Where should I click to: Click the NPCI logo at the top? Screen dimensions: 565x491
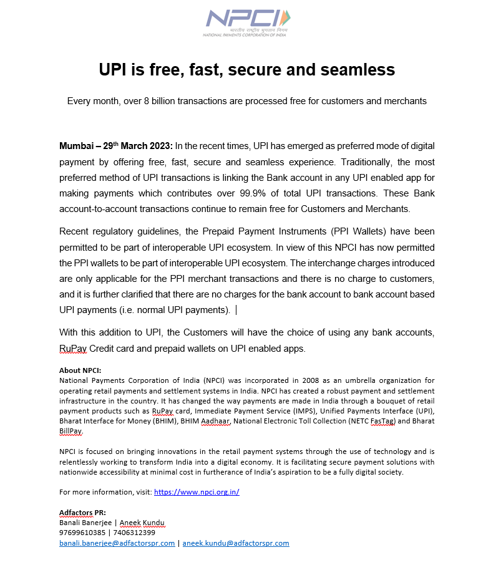click(246, 22)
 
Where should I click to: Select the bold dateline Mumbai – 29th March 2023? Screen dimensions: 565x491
click(115, 146)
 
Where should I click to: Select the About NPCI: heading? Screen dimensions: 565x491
click(80, 370)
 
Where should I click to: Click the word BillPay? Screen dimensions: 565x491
click(70, 431)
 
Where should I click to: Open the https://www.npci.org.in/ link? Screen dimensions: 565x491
click(197, 492)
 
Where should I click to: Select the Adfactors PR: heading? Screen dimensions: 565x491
click(82, 513)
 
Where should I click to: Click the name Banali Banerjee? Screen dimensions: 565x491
click(85, 523)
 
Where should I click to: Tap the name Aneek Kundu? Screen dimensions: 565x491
click(142, 523)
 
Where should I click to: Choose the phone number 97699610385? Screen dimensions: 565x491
click(82, 533)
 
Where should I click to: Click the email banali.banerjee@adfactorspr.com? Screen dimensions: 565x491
click(117, 543)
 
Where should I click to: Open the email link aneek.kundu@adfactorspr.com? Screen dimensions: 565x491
click(236, 543)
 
